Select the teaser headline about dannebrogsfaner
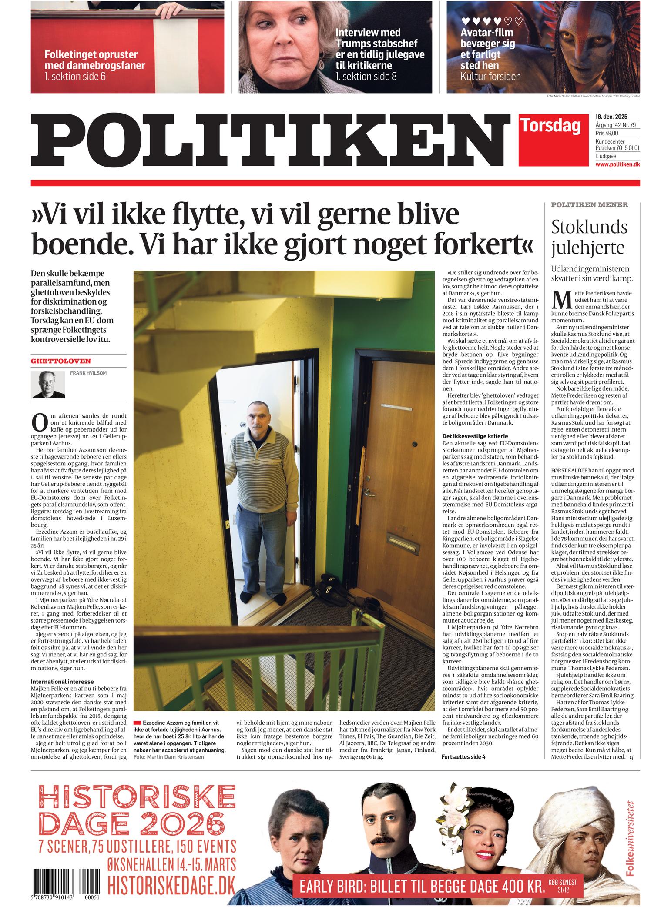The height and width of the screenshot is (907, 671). tap(95, 60)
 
